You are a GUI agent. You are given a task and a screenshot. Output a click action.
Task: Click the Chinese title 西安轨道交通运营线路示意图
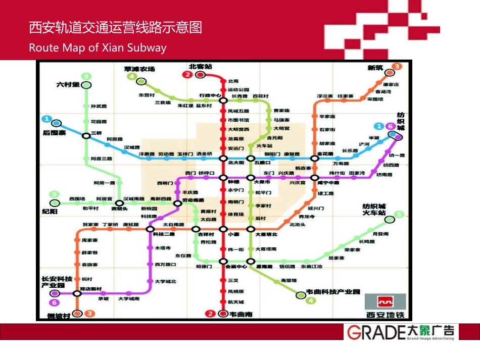[115, 28]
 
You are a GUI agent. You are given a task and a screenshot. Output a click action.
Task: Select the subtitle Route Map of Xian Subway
[98, 48]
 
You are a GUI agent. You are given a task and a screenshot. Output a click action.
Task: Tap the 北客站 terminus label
[201, 67]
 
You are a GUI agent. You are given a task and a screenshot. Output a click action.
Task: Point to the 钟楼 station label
[233, 182]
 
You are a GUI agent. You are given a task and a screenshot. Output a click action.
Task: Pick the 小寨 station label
[233, 234]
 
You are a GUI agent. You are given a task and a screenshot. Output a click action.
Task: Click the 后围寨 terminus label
[54, 133]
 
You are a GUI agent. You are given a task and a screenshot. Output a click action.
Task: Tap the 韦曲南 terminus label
[241, 314]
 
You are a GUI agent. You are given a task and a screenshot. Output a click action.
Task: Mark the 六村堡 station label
[67, 84]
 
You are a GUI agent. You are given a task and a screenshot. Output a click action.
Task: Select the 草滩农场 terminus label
[140, 69]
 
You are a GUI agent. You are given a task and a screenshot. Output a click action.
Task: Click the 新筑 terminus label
[375, 68]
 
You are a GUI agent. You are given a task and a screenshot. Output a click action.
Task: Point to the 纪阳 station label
[50, 212]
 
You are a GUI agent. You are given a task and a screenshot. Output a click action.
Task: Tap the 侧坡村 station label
[58, 316]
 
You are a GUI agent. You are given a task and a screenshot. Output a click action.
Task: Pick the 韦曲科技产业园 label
[333, 292]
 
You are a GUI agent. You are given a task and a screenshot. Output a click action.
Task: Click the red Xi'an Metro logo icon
[386, 301]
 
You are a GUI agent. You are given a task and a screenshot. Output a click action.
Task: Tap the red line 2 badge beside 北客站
[188, 75]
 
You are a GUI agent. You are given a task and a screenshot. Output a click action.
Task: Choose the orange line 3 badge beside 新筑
[397, 67]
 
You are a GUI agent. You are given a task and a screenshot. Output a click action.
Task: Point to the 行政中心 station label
[210, 95]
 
